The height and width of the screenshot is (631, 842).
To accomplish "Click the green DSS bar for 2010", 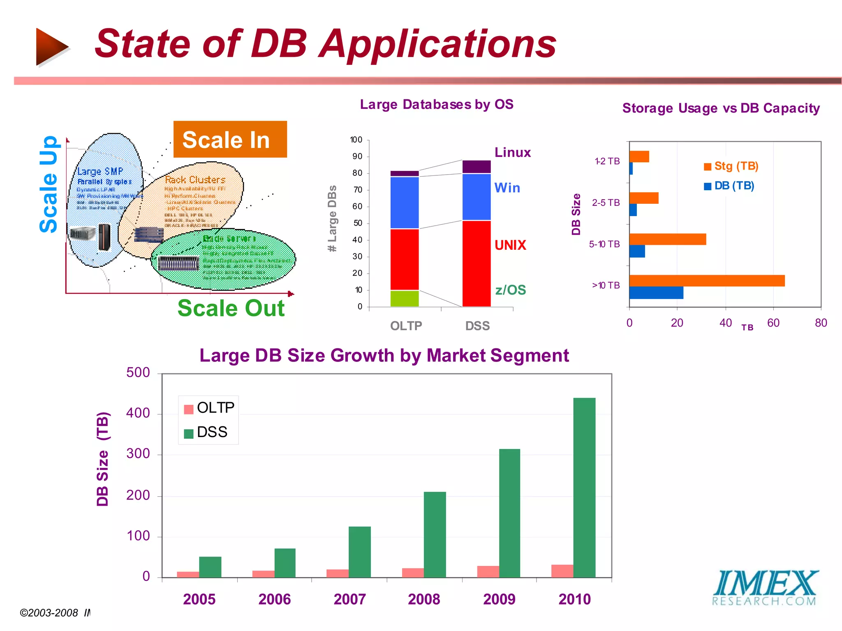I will tap(584, 488).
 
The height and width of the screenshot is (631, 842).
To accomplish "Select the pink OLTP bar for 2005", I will tap(188, 574).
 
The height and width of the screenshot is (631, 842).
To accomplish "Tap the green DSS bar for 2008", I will tap(435, 534).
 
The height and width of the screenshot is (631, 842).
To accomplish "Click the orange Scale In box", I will tap(230, 139).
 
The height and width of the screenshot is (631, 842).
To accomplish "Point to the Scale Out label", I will tap(231, 308).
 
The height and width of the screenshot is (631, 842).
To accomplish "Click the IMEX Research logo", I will tap(765, 587).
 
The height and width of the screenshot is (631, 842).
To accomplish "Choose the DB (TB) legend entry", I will tap(729, 186).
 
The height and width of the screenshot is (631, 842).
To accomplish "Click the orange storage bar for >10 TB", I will tap(706, 281).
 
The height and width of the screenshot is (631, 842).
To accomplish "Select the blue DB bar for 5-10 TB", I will tap(637, 251).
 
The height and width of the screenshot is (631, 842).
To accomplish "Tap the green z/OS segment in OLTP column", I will tap(404, 298).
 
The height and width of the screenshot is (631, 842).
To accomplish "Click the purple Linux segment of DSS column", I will tap(476, 166).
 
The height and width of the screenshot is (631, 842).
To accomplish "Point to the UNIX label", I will tap(510, 245).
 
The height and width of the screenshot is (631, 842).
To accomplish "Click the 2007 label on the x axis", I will tap(349, 599).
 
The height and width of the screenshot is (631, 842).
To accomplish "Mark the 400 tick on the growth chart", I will tap(138, 413).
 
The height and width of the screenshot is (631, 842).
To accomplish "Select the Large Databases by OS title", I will tap(436, 104).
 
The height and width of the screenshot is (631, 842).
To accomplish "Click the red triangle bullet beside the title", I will tap(51, 47).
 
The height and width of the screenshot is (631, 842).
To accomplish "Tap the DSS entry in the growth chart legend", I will tap(206, 432).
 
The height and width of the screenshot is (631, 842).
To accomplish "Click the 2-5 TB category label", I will tap(606, 203).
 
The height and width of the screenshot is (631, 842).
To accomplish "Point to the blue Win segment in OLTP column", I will tap(404, 202).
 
